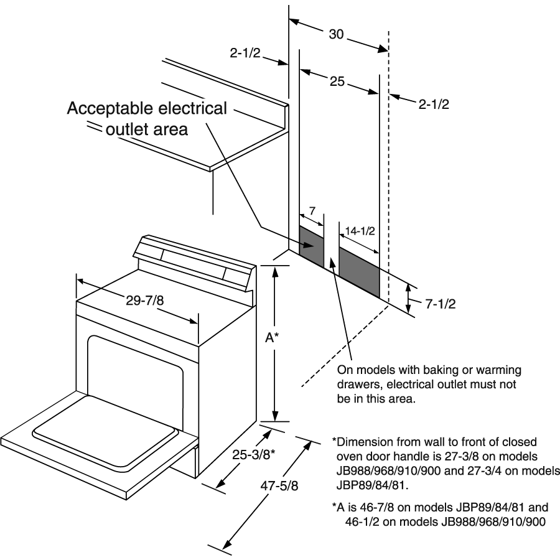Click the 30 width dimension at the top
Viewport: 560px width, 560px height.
(x=336, y=35)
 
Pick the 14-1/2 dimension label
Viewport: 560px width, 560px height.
(x=358, y=230)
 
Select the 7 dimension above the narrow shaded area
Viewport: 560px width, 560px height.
(x=313, y=211)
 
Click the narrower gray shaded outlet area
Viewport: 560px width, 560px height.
(x=312, y=246)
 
